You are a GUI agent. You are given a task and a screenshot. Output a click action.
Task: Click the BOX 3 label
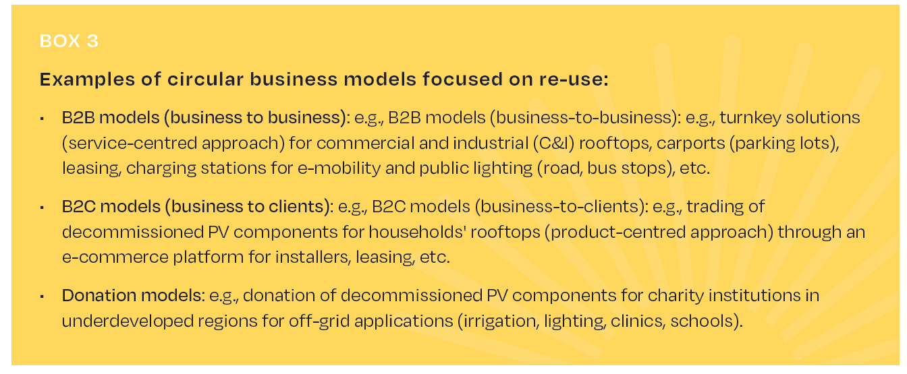(x=69, y=41)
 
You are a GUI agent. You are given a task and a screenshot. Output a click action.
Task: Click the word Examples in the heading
(x=87, y=80)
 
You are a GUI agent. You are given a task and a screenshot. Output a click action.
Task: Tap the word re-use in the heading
(x=574, y=80)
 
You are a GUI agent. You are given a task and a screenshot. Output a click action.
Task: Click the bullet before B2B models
(x=42, y=119)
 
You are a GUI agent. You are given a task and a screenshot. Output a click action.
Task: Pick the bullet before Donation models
(x=42, y=297)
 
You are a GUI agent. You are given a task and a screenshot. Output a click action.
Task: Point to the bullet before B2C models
(x=42, y=208)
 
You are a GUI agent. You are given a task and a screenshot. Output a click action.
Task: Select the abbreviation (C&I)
(x=553, y=143)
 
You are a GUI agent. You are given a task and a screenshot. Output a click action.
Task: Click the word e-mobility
(x=339, y=168)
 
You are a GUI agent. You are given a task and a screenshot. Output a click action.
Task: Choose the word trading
(x=715, y=207)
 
